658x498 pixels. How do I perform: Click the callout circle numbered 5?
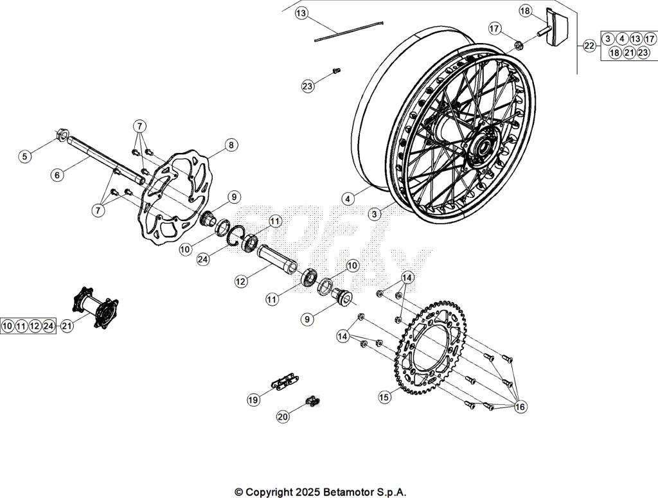[24, 156]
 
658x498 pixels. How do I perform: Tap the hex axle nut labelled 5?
[62, 135]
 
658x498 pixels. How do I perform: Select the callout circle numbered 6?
[57, 174]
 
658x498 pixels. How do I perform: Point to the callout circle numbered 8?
[231, 145]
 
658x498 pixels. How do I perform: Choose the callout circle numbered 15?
[384, 397]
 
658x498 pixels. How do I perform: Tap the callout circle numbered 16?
[519, 406]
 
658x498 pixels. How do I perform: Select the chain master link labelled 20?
[312, 402]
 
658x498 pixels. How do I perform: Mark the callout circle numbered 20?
[283, 416]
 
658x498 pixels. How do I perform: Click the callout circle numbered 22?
[589, 46]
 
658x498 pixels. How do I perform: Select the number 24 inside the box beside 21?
[49, 326]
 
